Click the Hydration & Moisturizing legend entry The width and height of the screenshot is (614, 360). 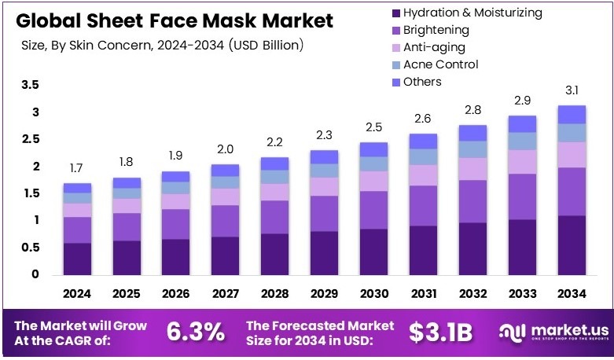472,13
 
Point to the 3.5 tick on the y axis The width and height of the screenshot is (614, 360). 30,85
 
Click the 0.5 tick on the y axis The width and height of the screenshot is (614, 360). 30,248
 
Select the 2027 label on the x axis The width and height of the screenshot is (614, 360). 225,294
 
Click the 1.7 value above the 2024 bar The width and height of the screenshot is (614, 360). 77,168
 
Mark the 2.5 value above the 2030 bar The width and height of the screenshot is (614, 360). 374,127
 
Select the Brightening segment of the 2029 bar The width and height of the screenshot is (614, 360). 323,213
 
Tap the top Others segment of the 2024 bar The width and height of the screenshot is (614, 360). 77,188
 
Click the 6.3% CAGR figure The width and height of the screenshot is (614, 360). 196,332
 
